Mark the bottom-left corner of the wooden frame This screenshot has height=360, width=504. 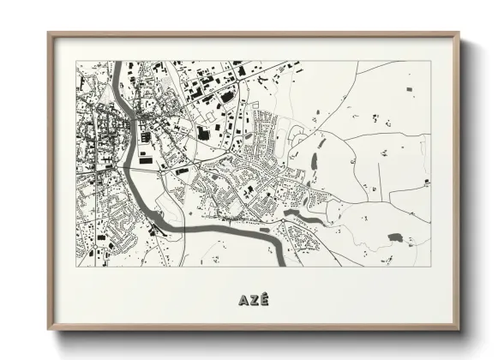[x=49, y=330]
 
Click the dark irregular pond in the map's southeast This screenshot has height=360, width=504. [x=395, y=237]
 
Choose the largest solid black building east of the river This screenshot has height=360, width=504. [x=203, y=133]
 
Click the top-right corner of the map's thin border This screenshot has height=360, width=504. [x=429, y=61]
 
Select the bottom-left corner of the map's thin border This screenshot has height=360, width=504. [x=77, y=267]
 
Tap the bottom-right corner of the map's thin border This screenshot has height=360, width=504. [x=429, y=267]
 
